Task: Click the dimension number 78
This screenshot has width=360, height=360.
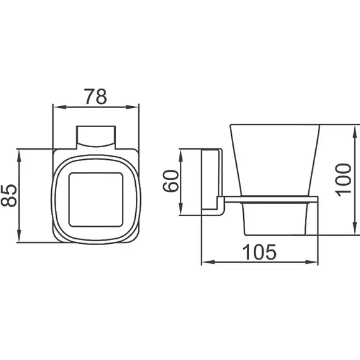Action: [x=96, y=97]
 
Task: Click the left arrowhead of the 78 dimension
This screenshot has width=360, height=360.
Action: [x=54, y=107]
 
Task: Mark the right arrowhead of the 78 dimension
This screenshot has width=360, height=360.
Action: [x=136, y=107]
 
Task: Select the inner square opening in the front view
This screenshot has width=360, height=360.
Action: [x=95, y=195]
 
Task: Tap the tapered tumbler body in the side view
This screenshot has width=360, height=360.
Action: [x=275, y=161]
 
